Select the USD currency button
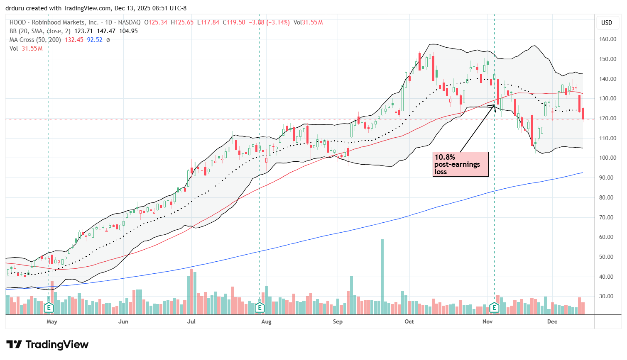click(607, 23)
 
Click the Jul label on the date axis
click(191, 321)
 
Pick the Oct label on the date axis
click(409, 321)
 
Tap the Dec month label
click(552, 321)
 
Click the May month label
click(52, 321)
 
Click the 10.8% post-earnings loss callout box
click(460, 164)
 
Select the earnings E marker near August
click(260, 307)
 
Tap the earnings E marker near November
click(494, 307)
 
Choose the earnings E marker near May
click(49, 307)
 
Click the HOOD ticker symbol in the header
click(17, 22)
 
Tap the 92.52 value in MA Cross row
click(95, 40)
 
